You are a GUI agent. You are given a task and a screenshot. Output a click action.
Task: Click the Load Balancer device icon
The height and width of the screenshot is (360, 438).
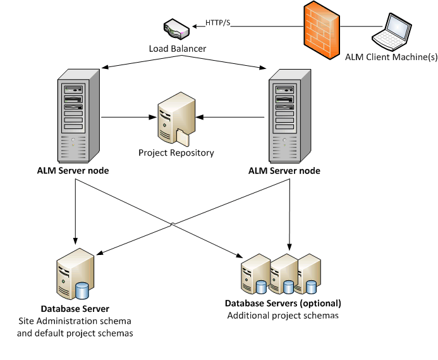click(x=176, y=29)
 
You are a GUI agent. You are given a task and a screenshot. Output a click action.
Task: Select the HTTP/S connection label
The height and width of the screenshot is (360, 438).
click(x=218, y=23)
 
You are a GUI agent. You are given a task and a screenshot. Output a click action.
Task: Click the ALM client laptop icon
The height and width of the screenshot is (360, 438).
click(x=391, y=32)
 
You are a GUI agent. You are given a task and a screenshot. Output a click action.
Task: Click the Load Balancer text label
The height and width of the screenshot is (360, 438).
click(x=177, y=48)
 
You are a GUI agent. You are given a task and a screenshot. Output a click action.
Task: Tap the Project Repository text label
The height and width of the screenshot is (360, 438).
click(x=176, y=152)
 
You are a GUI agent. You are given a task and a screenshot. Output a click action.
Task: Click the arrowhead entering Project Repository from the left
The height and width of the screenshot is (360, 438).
click(x=154, y=117)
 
